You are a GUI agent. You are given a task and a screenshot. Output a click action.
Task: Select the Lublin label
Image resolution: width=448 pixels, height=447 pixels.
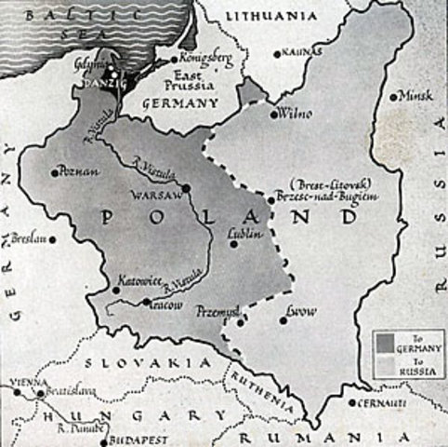click(x=244, y=236)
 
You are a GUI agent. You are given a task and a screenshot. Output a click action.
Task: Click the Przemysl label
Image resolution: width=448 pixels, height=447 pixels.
click(x=218, y=313)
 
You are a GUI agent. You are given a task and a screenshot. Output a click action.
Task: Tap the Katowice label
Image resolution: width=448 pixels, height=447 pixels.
click(x=138, y=278)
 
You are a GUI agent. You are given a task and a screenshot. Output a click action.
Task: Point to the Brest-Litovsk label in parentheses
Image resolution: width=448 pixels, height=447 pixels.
click(x=316, y=183)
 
